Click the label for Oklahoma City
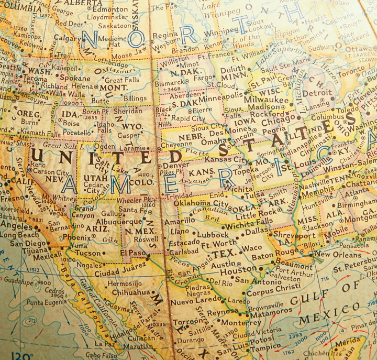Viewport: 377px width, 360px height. pos(201,203)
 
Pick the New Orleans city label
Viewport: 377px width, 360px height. pos(338,254)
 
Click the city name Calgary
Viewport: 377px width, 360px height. pos(67,38)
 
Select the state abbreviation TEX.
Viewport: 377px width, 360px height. pos(223,255)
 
